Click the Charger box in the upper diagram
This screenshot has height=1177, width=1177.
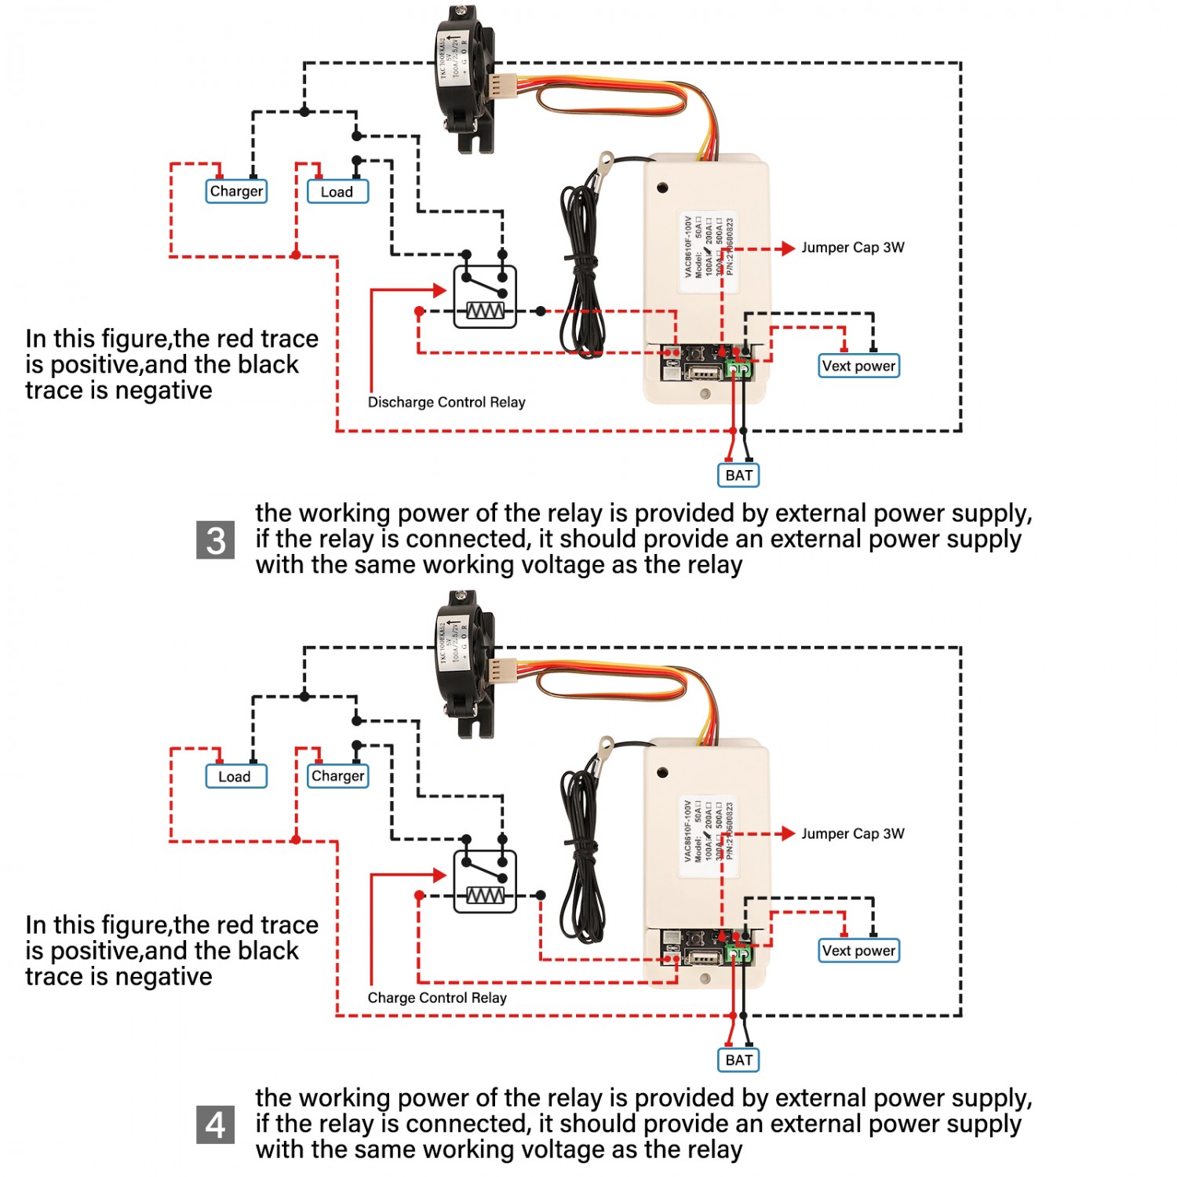236,191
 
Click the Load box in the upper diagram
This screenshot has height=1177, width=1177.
337,192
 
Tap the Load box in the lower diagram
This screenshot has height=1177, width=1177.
235,777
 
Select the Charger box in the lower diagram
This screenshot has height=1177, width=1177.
337,776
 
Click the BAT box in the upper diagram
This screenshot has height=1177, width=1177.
738,476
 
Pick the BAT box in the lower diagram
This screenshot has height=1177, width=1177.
738,1060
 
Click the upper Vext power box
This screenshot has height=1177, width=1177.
858,366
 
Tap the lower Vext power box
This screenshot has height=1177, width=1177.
858,951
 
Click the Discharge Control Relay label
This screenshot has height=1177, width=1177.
446,403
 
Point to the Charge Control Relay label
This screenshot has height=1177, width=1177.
437,998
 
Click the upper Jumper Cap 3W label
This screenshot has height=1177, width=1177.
852,248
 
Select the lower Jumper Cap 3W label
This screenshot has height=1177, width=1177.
852,834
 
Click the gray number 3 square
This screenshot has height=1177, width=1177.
216,541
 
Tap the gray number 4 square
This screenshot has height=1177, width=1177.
216,1125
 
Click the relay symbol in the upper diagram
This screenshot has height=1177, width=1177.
485,297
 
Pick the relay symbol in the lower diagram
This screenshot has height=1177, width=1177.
485,881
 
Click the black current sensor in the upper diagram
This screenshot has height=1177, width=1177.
465,78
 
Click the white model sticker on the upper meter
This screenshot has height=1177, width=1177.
709,250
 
